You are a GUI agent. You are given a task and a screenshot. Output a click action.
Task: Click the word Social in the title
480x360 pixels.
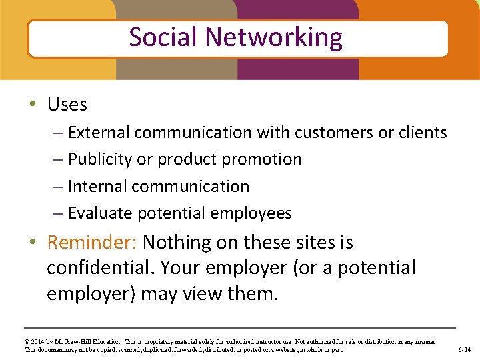pyautogui.click(x=161, y=37)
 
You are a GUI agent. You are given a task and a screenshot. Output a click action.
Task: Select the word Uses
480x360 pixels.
pyautogui.click(x=67, y=105)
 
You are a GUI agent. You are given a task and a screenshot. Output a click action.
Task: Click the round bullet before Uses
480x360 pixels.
pyautogui.click(x=33, y=105)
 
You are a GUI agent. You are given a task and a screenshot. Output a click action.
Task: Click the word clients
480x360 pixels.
pyautogui.click(x=423, y=133)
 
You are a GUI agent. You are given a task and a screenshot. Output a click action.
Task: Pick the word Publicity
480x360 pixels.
pyautogui.click(x=99, y=159)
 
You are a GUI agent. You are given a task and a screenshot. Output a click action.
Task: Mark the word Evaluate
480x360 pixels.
pyautogui.click(x=101, y=213)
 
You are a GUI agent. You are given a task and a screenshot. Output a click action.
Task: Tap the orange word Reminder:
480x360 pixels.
pyautogui.click(x=92, y=242)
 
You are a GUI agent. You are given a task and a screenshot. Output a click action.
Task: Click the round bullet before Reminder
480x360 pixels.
pyautogui.click(x=33, y=242)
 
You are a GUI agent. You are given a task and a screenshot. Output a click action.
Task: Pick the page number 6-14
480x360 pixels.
pyautogui.click(x=464, y=349)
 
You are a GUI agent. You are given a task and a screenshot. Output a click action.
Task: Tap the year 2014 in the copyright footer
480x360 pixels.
pyautogui.click(x=39, y=341)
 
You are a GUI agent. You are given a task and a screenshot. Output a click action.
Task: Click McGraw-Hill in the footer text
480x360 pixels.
pyautogui.click(x=76, y=341)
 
